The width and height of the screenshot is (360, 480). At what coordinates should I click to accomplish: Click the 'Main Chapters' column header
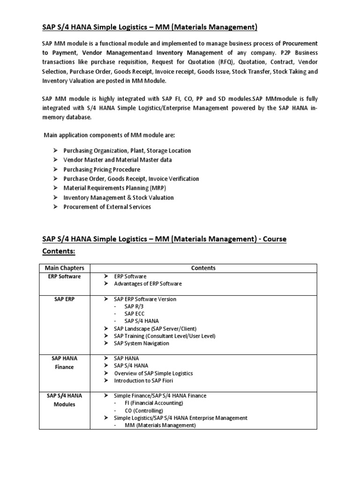click(64, 268)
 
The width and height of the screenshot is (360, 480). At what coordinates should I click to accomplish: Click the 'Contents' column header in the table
click(203, 268)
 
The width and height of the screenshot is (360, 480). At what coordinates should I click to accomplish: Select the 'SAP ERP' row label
click(64, 299)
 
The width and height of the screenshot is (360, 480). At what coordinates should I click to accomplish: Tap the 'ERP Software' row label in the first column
click(64, 276)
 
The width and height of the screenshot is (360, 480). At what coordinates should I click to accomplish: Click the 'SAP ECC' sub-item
click(135, 313)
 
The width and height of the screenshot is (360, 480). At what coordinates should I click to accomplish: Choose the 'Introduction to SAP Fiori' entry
click(143, 380)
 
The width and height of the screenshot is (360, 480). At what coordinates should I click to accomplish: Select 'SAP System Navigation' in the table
click(142, 343)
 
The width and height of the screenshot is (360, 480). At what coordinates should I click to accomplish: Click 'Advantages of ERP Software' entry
click(148, 284)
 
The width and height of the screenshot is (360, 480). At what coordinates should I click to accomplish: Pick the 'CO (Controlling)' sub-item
click(143, 410)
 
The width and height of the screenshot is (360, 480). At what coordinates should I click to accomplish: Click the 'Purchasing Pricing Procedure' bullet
click(102, 169)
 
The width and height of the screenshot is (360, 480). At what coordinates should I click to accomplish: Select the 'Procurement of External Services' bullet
click(107, 207)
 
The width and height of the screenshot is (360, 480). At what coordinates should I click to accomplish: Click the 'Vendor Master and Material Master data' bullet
click(118, 160)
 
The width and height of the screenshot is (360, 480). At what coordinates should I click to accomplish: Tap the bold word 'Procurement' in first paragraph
click(300, 43)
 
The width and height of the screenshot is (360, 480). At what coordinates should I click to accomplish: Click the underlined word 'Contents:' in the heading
click(59, 251)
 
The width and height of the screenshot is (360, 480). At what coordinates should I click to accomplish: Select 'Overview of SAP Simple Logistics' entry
click(153, 373)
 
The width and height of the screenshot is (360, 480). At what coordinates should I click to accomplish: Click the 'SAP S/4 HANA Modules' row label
click(64, 400)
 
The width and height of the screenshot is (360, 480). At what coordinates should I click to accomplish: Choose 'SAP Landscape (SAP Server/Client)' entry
click(155, 328)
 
